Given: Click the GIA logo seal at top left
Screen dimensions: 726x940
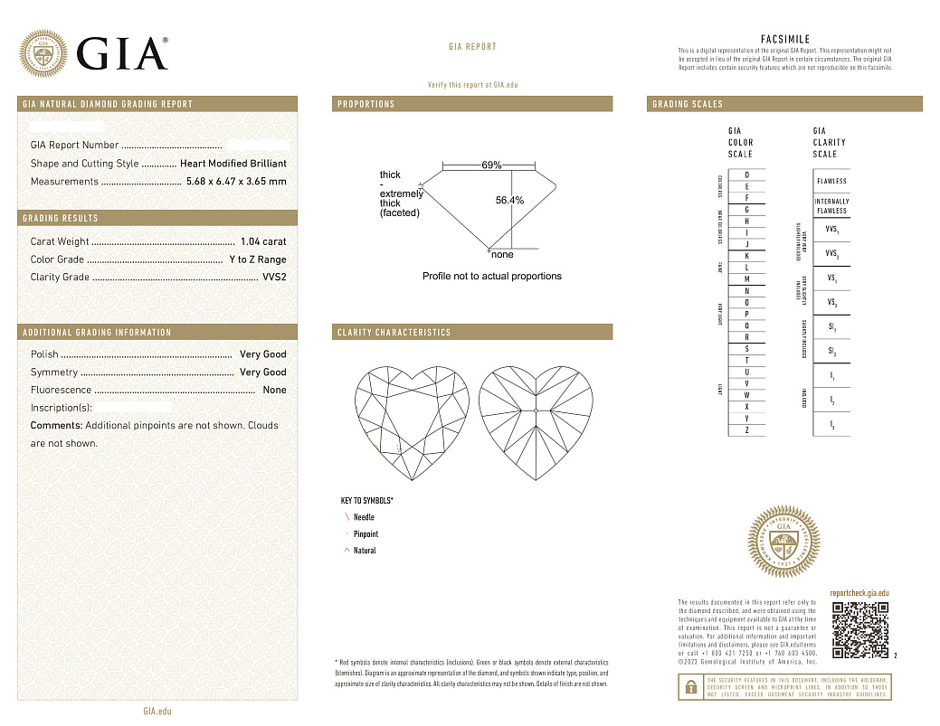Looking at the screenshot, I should pyautogui.click(x=44, y=53).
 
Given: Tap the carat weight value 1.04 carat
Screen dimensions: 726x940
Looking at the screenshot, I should pyautogui.click(x=263, y=241).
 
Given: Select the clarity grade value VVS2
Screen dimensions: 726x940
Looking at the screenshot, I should pyautogui.click(x=273, y=278).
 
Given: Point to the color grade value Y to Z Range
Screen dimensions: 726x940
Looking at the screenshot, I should pyautogui.click(x=257, y=259).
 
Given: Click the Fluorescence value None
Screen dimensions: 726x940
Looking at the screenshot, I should pyautogui.click(x=274, y=390).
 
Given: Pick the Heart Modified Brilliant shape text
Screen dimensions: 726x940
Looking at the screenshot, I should pyautogui.click(x=233, y=164).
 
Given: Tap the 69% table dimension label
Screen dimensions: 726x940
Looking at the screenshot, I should pyautogui.click(x=491, y=165).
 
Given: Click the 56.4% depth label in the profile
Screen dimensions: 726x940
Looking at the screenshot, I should pyautogui.click(x=509, y=201).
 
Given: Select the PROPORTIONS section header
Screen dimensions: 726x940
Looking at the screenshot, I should pyautogui.click(x=366, y=104).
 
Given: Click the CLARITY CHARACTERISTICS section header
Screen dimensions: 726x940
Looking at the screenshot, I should pyautogui.click(x=394, y=333).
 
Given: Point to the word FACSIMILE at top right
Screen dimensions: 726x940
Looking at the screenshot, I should pyautogui.click(x=784, y=40).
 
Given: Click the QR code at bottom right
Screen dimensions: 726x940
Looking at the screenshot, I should pyautogui.click(x=859, y=629).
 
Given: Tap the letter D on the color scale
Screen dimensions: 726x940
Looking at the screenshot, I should pyautogui.click(x=746, y=174).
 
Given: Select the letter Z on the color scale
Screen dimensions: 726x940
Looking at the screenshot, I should pyautogui.click(x=746, y=431).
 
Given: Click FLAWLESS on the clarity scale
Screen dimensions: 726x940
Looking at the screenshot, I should pyautogui.click(x=831, y=181).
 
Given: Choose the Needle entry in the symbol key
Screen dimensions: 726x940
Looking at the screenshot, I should pyautogui.click(x=364, y=517).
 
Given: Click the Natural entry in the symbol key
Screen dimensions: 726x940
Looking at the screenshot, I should pyautogui.click(x=365, y=551).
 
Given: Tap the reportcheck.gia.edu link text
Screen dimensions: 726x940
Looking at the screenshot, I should pyautogui.click(x=859, y=591).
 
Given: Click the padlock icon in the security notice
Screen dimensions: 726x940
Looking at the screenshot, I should pyautogui.click(x=690, y=687).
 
